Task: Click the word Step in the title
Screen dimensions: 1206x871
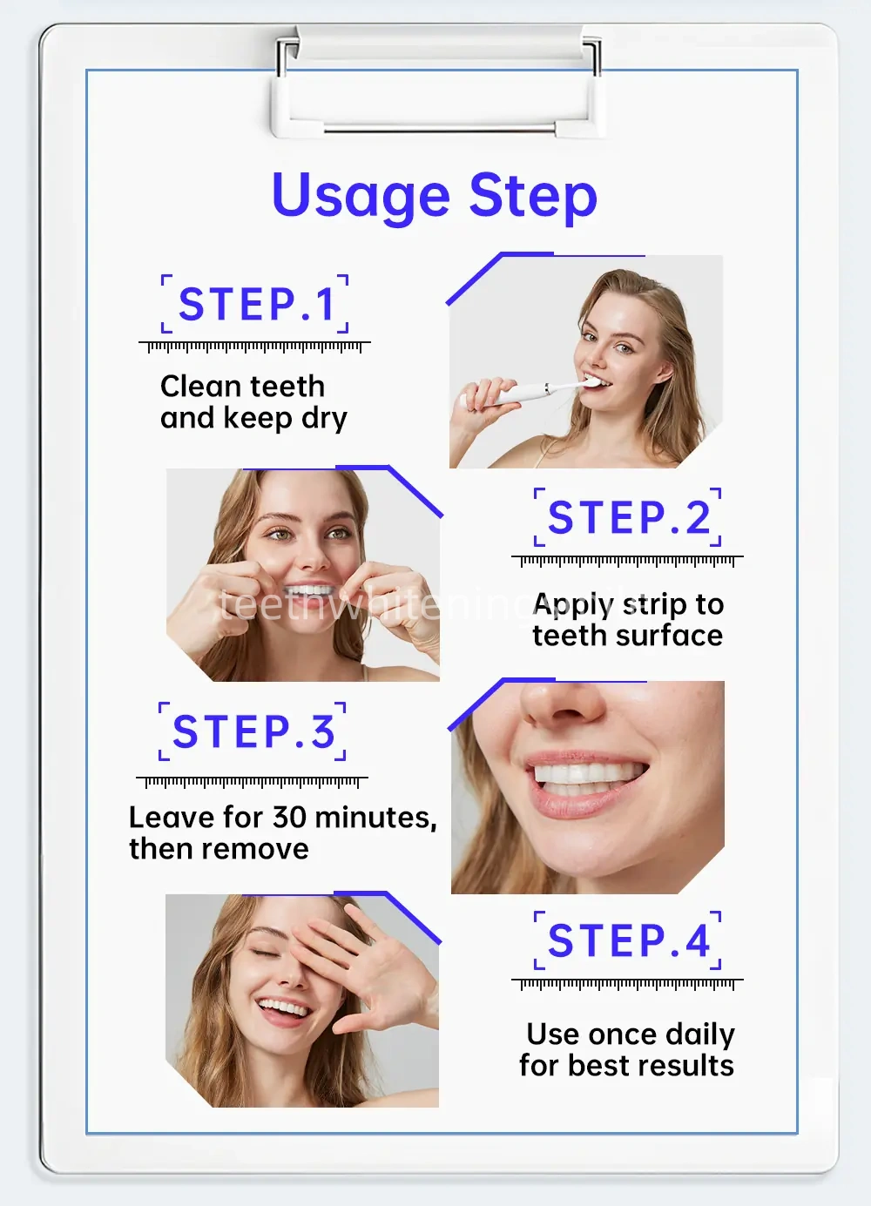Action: point(532,197)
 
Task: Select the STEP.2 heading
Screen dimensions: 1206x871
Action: point(628,518)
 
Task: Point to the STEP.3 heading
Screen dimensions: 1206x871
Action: point(253,731)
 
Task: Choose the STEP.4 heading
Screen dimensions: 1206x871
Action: point(628,941)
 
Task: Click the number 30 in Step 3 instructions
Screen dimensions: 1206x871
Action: point(288,817)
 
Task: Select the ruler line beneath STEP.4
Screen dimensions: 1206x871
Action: point(627,983)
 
